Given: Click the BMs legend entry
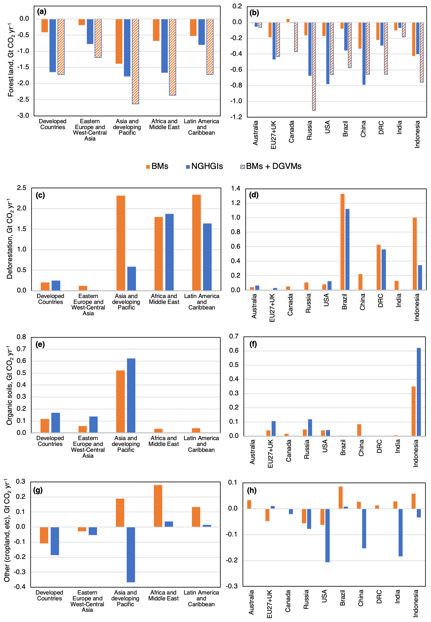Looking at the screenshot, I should click(157, 166).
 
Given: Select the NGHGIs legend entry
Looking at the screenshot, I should click(204, 166).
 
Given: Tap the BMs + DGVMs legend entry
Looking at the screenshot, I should click(271, 166).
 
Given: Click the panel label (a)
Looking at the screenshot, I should click(41, 12).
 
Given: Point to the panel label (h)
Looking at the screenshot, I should click(252, 490).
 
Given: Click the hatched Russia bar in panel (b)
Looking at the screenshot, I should click(314, 66).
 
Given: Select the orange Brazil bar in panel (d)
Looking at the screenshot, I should click(342, 242).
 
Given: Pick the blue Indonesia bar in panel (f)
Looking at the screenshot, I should click(419, 392).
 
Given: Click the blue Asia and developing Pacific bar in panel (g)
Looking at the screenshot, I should click(131, 554).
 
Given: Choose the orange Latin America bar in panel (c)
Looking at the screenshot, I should click(196, 242).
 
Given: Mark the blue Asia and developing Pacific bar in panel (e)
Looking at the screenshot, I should click(131, 395).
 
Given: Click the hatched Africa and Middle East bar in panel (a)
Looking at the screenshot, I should click(172, 57).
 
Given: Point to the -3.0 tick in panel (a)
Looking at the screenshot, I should click(24, 116).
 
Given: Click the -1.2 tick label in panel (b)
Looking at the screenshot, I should click(236, 117).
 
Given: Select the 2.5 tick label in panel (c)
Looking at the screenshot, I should click(22, 188).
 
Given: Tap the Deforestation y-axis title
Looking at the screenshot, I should click(10, 238).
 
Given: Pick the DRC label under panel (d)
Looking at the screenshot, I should click(381, 301).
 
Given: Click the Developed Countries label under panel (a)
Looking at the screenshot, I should click(53, 124).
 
